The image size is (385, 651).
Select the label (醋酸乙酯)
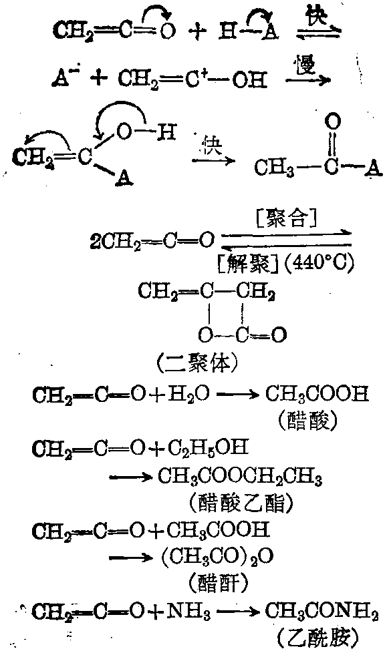241,503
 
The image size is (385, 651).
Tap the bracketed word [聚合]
287,219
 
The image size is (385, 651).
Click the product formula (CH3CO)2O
217,557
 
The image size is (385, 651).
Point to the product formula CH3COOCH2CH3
240,477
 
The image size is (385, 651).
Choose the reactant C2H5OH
208,449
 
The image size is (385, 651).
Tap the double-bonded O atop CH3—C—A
333,122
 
